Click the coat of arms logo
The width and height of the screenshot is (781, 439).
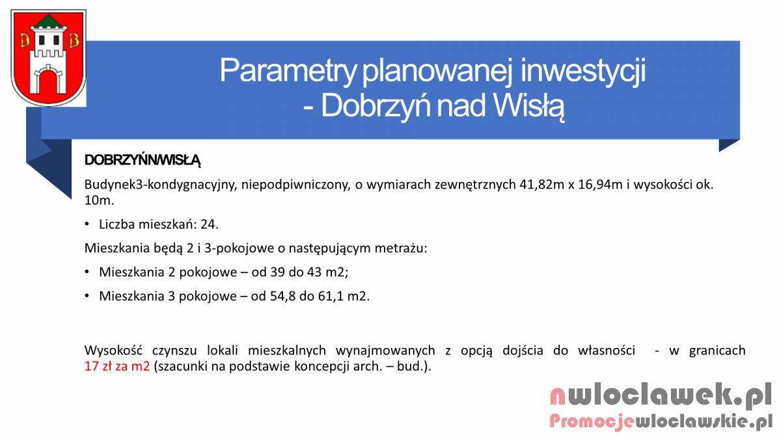tap(48, 58)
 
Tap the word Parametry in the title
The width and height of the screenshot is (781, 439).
tap(288, 71)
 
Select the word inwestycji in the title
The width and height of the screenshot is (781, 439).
tap(582, 71)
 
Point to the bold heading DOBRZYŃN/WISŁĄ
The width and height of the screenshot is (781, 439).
tap(143, 160)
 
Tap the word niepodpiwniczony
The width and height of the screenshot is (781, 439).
tap(295, 185)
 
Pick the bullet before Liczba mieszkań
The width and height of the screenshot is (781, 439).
tap(87, 224)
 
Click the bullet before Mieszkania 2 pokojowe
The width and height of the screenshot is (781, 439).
tap(87, 272)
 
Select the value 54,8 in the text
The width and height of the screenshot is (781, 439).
tap(282, 296)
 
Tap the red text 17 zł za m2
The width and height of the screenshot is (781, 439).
tap(117, 366)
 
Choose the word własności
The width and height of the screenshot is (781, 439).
tap(607, 350)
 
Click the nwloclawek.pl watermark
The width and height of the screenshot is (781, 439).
tap(661, 396)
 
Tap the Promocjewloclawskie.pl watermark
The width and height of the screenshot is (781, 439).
tap(661, 421)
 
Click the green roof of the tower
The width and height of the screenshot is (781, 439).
tap(48, 21)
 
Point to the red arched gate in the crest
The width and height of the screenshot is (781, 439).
tap(48, 81)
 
